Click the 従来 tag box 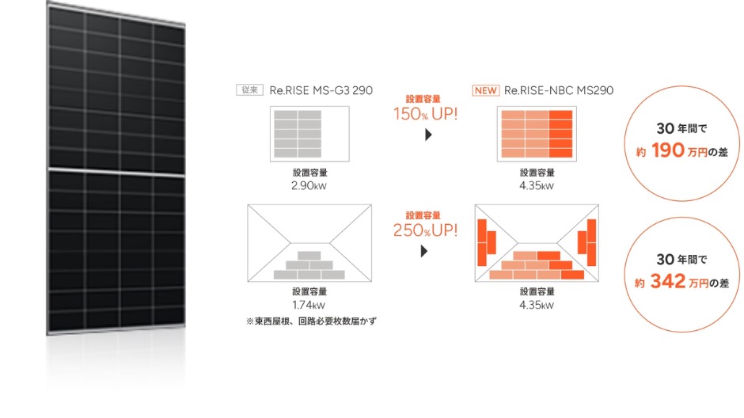coord(249,90)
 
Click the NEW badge coord(485,90)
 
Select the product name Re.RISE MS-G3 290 coord(321,90)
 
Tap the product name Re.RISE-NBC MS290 coord(559,90)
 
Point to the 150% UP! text coord(425,114)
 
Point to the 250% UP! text coord(425,230)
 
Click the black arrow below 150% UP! coord(428,135)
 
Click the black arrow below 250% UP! coord(424,251)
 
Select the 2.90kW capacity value coord(309,186)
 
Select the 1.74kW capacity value coord(309,305)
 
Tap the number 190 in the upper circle coord(667,150)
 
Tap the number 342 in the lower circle coord(667,281)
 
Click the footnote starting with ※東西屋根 coord(311,321)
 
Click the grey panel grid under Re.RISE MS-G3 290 coord(298,134)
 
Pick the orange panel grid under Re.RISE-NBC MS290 coord(537,134)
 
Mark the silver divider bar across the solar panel coord(116,172)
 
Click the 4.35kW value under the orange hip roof coord(537,305)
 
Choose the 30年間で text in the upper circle coord(681,128)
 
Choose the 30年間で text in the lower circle coord(681,259)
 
